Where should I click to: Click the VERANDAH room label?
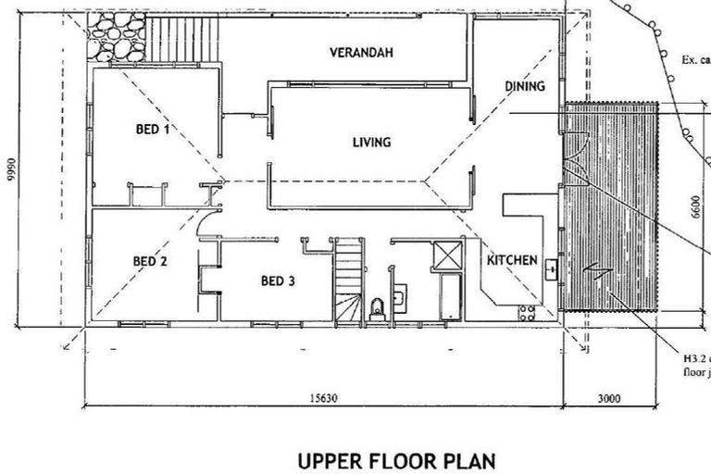362,53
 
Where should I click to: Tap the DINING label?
524,86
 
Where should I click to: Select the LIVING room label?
371,143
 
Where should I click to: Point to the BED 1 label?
152,130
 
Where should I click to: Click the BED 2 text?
150,261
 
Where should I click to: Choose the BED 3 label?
277,281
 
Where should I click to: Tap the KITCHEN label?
512,261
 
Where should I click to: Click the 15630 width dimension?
321,398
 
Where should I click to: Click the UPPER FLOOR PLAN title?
396,460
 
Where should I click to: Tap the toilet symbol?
376,309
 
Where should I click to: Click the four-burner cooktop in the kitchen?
529,311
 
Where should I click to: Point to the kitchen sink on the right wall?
551,268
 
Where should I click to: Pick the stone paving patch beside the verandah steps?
116,38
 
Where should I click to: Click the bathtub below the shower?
449,296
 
